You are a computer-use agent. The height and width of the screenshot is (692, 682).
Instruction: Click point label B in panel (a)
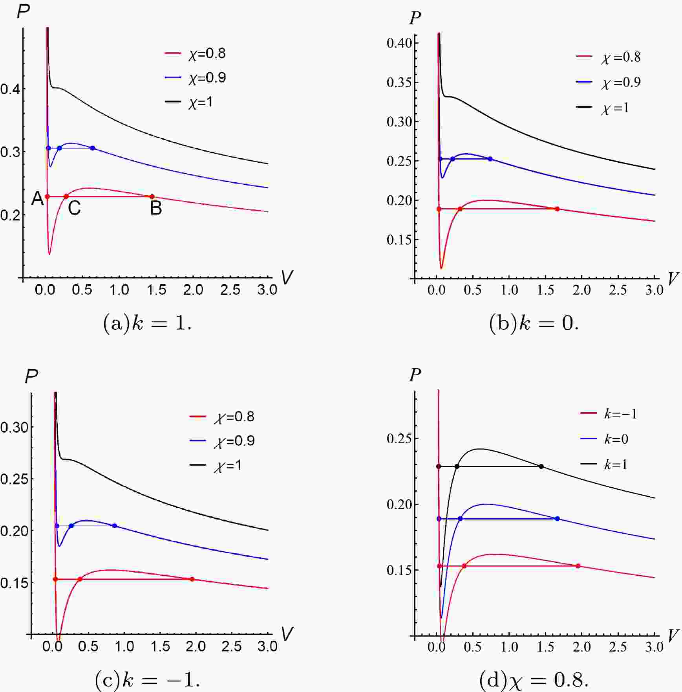point(156,208)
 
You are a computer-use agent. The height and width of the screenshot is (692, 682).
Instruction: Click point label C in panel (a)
point(74,208)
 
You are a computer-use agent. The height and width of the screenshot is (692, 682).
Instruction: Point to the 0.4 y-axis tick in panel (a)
point(10,89)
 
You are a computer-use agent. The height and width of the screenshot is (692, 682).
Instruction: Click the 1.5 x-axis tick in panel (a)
point(156,290)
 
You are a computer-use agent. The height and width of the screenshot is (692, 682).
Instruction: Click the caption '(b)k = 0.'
point(534,324)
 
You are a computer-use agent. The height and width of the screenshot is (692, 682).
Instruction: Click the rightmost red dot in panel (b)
point(557,209)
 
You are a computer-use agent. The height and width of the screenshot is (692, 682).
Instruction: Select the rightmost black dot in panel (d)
point(541,466)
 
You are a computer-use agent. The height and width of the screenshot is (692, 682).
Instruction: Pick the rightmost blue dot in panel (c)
point(115,526)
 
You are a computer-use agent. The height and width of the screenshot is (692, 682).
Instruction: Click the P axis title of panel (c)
point(31,377)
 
